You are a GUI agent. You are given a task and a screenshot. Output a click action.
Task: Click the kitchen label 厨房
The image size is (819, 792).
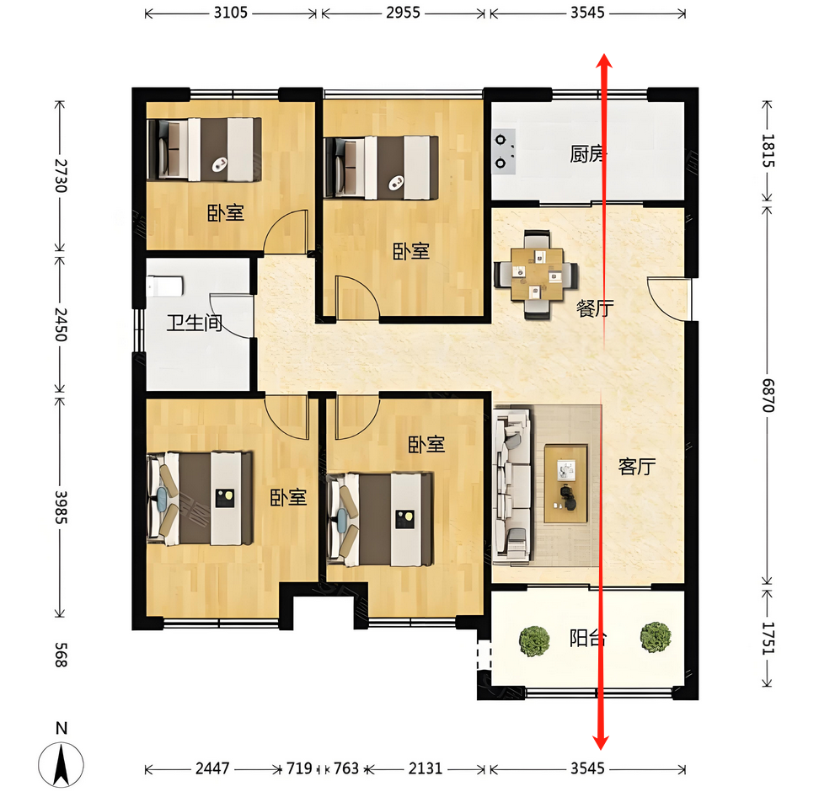[x=587, y=154]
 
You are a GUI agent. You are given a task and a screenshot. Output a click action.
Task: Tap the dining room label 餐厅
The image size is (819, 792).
[x=595, y=308]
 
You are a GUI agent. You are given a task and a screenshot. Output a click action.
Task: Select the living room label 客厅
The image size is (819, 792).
[x=637, y=467]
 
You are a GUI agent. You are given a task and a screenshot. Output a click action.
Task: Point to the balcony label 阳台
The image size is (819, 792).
[x=587, y=638]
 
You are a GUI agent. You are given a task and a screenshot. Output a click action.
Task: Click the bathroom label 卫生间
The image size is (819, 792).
[x=195, y=323]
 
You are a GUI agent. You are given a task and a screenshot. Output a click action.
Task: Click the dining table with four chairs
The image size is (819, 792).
[x=537, y=275]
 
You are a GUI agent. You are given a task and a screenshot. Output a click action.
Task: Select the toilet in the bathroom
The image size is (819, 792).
[x=164, y=286]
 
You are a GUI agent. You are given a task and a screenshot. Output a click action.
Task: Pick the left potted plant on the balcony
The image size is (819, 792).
[x=534, y=641]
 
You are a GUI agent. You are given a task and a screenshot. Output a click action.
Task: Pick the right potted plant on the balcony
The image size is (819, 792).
[x=656, y=637]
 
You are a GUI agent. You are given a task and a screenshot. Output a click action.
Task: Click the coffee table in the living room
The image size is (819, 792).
[x=565, y=484]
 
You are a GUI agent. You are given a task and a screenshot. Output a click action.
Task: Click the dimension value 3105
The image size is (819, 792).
[x=230, y=13]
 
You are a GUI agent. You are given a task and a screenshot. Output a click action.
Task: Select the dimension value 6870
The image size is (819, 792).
[x=768, y=395]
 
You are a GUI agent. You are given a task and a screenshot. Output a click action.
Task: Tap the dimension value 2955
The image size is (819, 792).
[x=403, y=13]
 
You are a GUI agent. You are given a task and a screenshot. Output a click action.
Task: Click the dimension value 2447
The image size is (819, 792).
[x=212, y=768]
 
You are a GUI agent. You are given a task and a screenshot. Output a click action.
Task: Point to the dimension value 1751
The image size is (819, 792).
[x=768, y=639]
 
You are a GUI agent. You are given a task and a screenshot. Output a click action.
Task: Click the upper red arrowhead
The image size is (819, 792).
[x=604, y=61]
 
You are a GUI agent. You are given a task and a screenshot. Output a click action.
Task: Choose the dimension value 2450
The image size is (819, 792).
[x=62, y=324]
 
